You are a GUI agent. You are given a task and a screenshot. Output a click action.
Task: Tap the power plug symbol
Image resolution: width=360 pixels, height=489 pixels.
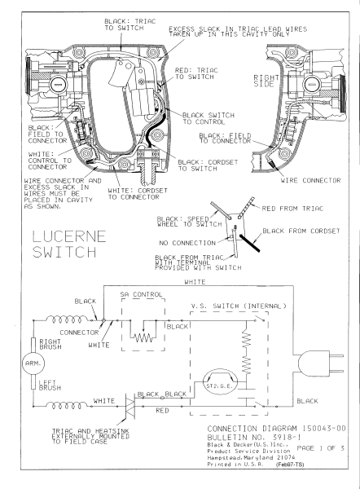point(320,363)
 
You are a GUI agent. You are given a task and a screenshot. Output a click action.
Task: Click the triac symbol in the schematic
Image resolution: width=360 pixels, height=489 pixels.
point(130,406)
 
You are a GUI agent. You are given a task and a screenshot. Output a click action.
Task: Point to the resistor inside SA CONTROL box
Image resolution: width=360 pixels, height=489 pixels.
point(143,337)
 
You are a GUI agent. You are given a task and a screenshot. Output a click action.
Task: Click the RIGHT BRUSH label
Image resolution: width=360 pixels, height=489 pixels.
point(50,344)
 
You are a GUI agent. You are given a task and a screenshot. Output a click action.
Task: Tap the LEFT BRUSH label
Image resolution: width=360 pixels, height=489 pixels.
point(50,385)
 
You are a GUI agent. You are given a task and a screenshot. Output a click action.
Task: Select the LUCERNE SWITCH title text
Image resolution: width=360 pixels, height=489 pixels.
point(69,244)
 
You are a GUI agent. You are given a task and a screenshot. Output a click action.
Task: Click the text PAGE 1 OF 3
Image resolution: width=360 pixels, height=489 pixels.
point(320,448)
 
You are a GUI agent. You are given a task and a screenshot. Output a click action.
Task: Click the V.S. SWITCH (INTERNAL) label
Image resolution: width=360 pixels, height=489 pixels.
point(239,306)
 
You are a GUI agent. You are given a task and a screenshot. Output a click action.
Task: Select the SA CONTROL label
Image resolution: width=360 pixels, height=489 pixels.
point(141,294)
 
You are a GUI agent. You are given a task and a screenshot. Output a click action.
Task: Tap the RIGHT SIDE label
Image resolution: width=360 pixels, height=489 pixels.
point(266,81)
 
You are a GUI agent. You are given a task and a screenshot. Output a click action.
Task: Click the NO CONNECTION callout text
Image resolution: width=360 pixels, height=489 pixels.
point(187,243)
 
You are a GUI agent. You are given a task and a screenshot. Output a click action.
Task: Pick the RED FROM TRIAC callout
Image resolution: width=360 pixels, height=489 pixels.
point(292,209)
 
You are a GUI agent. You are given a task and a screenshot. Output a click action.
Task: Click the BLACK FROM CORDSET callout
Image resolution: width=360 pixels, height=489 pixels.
point(301,231)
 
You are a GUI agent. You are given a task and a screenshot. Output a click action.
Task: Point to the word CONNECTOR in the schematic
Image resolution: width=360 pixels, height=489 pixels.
point(79,333)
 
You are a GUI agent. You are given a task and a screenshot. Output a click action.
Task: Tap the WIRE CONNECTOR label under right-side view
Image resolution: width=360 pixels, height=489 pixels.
point(310,180)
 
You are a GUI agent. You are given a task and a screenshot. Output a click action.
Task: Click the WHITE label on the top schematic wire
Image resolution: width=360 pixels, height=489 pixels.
point(195,282)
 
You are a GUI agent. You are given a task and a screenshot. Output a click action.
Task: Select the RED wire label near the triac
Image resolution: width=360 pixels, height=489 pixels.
point(162,411)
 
